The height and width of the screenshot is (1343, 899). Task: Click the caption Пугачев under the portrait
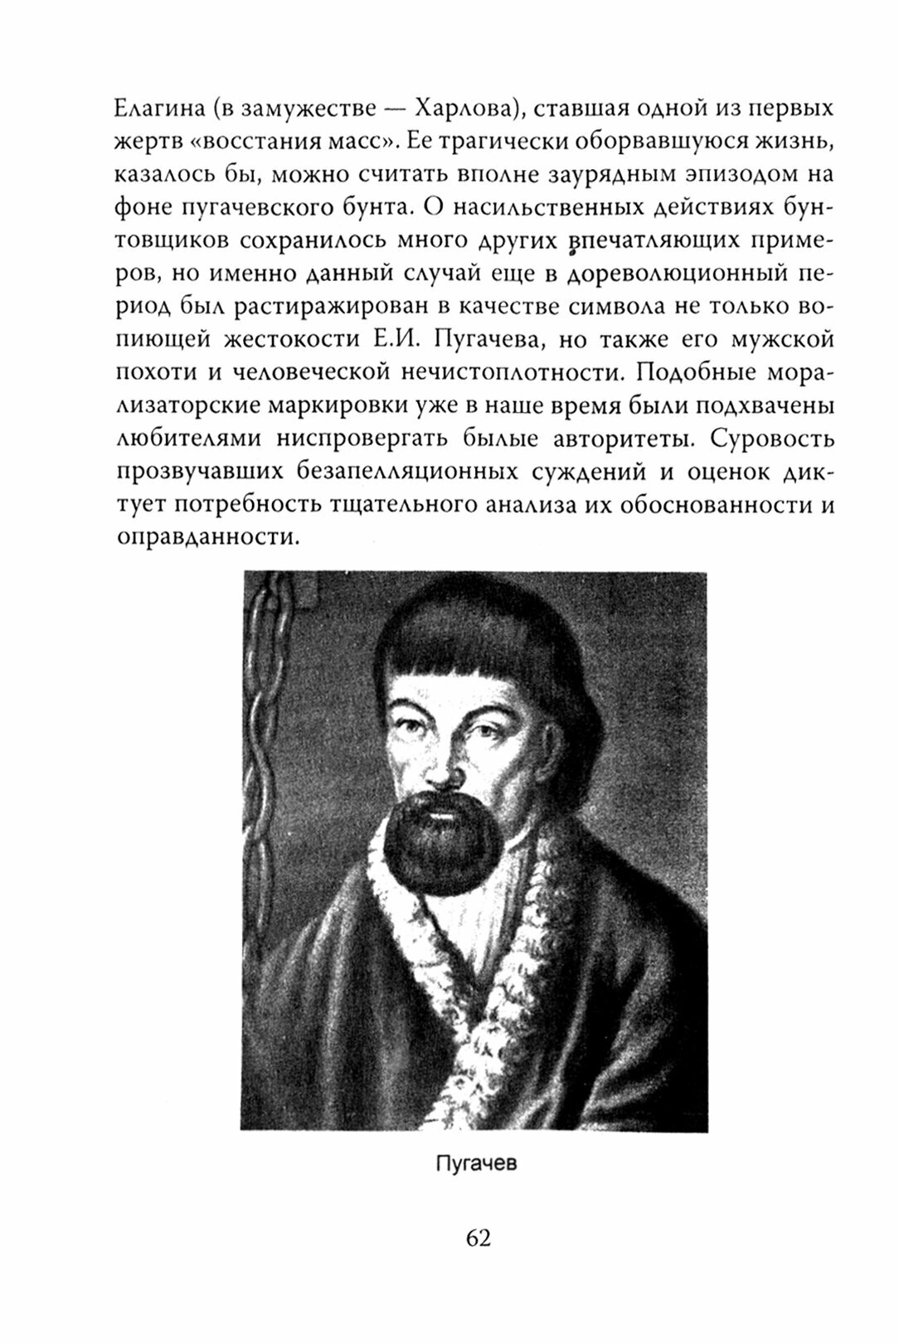pos(476,1163)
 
